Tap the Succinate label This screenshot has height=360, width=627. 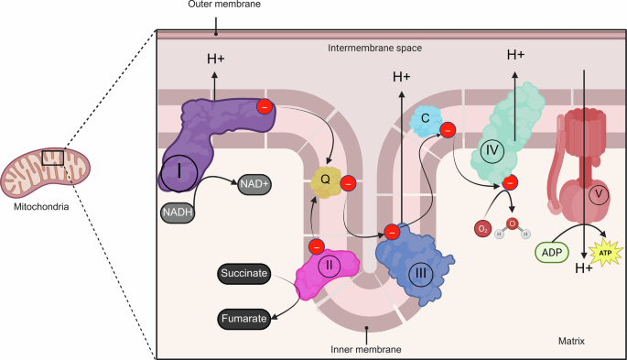(x=245, y=274)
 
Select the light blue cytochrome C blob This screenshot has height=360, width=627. (x=426, y=118)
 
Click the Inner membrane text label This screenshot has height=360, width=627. (x=367, y=348)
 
